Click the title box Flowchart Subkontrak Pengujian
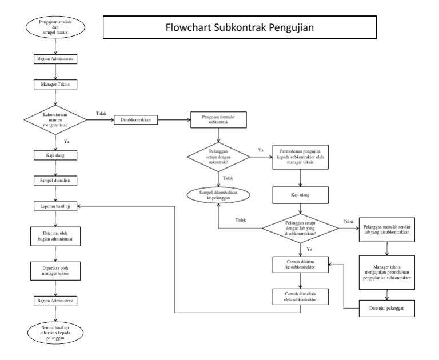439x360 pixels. click(240, 27)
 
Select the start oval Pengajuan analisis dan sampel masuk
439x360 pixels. click(54, 29)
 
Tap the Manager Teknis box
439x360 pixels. click(54, 84)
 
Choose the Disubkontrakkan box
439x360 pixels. click(136, 120)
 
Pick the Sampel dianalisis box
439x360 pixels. click(54, 180)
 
